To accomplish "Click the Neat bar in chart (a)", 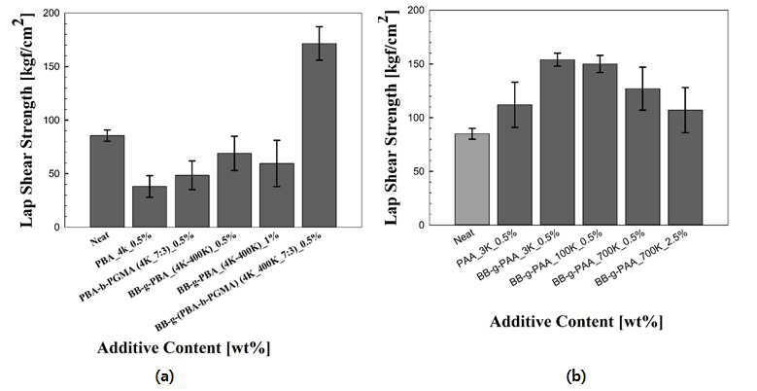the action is [x=107, y=181].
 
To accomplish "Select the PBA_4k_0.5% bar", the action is [x=150, y=206].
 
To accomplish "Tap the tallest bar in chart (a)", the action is [x=319, y=135].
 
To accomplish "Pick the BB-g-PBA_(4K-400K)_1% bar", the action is [x=277, y=195].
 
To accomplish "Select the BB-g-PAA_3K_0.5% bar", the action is [x=557, y=143].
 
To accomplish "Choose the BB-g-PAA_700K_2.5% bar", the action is [x=685, y=167].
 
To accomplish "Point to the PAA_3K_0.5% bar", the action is [x=515, y=164].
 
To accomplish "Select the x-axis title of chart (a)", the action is [x=184, y=348].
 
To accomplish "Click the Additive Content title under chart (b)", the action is [x=576, y=322].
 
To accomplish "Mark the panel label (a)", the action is [x=163, y=376].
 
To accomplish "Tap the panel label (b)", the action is [x=576, y=376].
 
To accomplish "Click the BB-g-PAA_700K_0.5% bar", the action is [x=642, y=157].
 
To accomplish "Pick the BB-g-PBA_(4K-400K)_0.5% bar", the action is [x=234, y=191].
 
